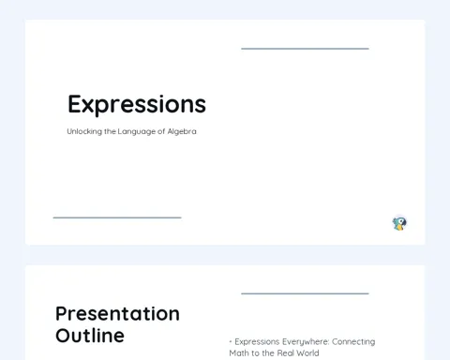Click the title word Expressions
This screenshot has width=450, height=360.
tap(137, 105)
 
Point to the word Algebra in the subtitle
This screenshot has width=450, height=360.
tap(182, 131)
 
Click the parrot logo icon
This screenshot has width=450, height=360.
tap(399, 224)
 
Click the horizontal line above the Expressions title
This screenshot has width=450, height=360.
tap(305, 49)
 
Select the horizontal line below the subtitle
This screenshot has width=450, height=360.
tap(117, 217)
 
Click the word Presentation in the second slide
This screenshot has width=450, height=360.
tap(117, 314)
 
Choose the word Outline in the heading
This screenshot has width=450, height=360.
tap(90, 336)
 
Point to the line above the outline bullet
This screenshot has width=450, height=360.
tap(305, 293)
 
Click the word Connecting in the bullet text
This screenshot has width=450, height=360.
tap(353, 342)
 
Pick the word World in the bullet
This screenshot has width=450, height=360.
tap(307, 353)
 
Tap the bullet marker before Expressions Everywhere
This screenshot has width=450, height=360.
tap(231, 342)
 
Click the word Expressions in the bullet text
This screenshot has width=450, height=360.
tap(257, 342)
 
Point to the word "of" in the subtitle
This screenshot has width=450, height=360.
tap(161, 131)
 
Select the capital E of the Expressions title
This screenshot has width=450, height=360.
tap(75, 104)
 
